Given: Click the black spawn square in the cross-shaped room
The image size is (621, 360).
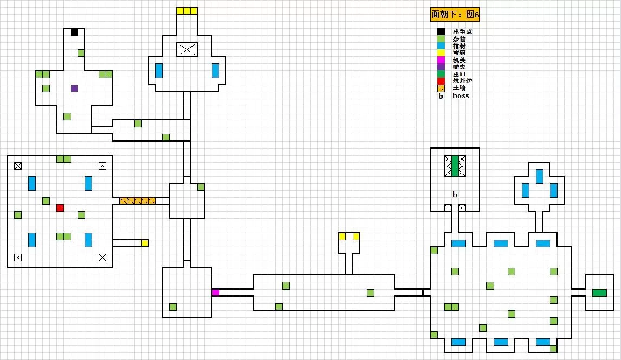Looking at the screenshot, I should [x=74, y=32].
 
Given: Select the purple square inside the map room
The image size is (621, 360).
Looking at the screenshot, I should [x=74, y=88].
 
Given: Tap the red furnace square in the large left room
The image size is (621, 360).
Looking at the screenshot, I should [x=60, y=208].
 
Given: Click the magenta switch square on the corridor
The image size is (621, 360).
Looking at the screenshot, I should [x=215, y=293].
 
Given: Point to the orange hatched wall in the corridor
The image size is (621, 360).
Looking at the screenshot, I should [x=138, y=201].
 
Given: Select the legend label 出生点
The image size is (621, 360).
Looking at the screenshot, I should [x=462, y=32].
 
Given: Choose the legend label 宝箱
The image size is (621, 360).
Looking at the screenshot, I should [x=459, y=53].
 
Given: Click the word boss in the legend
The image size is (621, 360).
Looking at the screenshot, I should [x=460, y=96].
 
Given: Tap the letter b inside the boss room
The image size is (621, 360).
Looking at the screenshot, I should [x=455, y=194].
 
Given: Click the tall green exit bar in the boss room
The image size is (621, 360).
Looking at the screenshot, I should [x=455, y=166].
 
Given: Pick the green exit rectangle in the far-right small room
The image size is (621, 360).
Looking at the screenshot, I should [x=599, y=293].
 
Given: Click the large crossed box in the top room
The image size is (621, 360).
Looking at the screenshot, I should [x=187, y=49].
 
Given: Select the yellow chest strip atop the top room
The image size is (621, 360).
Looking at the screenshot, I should [x=187, y=11].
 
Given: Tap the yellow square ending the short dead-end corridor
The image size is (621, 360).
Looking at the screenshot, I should [x=145, y=243].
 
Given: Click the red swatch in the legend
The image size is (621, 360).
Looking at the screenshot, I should [x=441, y=81].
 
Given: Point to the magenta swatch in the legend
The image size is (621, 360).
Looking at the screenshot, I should [x=441, y=60].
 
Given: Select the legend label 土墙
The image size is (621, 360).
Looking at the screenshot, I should [x=459, y=88].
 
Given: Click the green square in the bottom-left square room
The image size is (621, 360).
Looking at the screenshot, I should [x=173, y=307].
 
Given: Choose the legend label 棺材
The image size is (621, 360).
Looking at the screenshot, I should [x=459, y=46].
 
